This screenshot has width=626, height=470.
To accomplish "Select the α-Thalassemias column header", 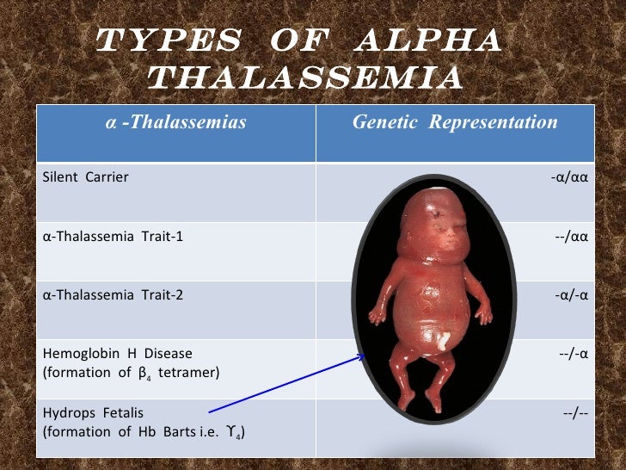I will (x=175, y=122).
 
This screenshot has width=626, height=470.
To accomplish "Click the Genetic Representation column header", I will (x=455, y=122).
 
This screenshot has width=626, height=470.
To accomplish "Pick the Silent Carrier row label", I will (x=85, y=177).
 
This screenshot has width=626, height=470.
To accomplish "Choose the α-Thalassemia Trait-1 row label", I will (x=113, y=236).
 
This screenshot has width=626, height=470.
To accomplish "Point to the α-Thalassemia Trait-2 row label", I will (x=113, y=294).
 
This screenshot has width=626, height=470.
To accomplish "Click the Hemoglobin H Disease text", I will (x=117, y=353).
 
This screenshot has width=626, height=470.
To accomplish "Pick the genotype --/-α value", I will (x=576, y=353).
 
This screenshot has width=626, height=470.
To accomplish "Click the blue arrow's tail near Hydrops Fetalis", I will (x=212, y=411).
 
